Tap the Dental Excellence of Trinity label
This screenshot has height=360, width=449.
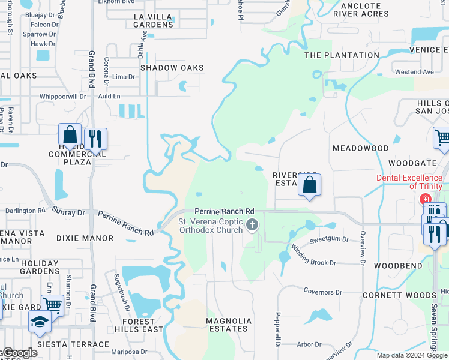(412, 181)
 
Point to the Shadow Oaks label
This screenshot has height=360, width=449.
(172, 68)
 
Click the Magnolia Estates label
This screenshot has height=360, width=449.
(228, 325)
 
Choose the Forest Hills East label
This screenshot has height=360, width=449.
(143, 325)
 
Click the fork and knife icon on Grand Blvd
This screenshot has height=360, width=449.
(95, 139)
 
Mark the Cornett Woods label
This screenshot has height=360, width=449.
(399, 295)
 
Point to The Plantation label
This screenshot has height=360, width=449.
(342, 55)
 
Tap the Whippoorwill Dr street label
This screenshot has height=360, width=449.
(64, 96)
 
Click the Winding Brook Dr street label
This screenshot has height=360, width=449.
(313, 263)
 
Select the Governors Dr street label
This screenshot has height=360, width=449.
(322, 292)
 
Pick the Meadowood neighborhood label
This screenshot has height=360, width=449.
(361, 148)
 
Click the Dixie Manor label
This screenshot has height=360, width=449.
(85, 238)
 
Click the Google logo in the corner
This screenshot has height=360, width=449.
(19, 353)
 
